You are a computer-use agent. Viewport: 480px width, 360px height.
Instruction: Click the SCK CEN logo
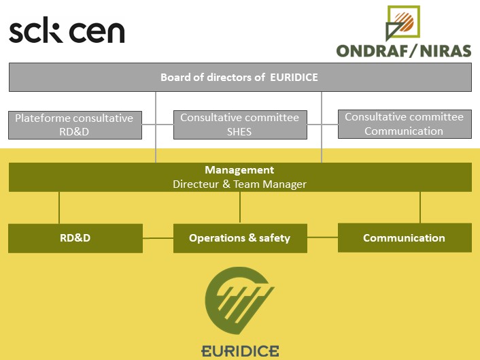[67, 32]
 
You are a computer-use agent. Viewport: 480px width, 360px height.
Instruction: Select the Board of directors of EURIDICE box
[239, 78]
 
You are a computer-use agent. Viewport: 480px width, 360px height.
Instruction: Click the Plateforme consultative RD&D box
[75, 125]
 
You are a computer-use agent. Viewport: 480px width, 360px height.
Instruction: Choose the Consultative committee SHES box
[239, 125]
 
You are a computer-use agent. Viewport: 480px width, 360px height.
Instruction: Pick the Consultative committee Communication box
[404, 124]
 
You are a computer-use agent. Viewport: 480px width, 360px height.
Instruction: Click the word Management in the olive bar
[239, 170]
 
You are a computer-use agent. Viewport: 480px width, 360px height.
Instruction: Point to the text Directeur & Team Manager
[239, 184]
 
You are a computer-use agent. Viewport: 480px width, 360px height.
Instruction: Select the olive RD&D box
[75, 238]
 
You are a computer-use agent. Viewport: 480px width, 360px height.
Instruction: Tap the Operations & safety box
[239, 238]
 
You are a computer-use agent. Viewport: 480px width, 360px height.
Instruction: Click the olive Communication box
[404, 238]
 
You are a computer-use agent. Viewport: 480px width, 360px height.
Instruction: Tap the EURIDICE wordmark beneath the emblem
[240, 351]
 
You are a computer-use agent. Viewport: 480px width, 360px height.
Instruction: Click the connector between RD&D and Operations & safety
[158, 238]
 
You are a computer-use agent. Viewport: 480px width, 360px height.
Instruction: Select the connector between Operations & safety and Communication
[322, 238]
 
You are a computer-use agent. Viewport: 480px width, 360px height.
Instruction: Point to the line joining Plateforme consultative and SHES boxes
[158, 125]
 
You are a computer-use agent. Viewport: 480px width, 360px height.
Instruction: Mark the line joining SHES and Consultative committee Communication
[322, 125]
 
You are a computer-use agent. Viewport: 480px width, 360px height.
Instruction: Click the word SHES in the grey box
[239, 131]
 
